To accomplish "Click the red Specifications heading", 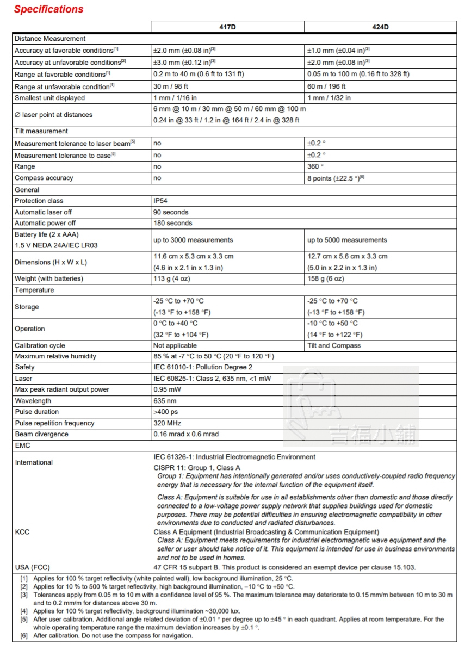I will [x=49, y=9].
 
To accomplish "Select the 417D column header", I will [x=227, y=27].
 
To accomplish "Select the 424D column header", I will [x=380, y=27].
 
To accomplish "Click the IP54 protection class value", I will [x=160, y=201].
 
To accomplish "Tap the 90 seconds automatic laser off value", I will [x=171, y=212].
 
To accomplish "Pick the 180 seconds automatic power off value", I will [x=172, y=223].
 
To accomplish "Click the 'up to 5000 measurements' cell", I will [x=347, y=240].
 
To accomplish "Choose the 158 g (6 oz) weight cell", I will [x=326, y=278].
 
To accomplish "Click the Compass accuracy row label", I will [x=44, y=178].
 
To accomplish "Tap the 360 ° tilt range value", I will [x=315, y=166].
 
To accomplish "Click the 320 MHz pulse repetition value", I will [x=167, y=423].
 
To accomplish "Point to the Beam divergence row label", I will [x=41, y=434].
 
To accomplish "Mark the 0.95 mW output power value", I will [x=167, y=389].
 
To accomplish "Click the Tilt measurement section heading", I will [x=41, y=131].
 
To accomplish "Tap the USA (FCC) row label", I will [x=32, y=567].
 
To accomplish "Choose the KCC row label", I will [x=22, y=532].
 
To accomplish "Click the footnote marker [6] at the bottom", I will [x=24, y=636].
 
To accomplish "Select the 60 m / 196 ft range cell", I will [x=326, y=86].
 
